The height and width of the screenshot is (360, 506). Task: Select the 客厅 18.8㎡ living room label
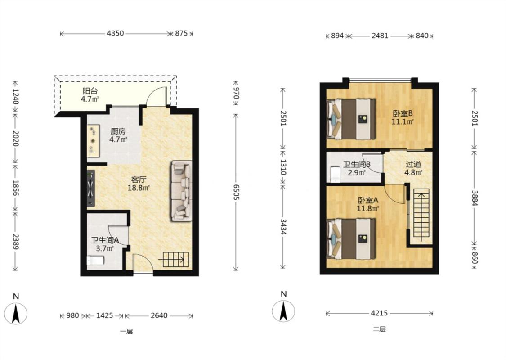pyautogui.click(x=139, y=184)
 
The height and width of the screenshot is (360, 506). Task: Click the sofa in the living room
pyautogui.click(x=181, y=191)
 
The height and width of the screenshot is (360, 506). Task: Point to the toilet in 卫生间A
pyautogui.click(x=95, y=260)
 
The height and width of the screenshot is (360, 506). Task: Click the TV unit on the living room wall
pyautogui.click(x=91, y=188)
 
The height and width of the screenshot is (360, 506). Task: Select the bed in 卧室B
pyautogui.click(x=351, y=119)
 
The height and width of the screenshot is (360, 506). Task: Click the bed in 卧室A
pyautogui.click(x=351, y=239)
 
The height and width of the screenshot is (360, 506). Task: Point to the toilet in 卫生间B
pyautogui.click(x=335, y=174)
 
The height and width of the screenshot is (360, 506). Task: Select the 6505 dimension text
pyautogui.click(x=236, y=192)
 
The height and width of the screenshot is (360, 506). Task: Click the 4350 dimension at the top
pyautogui.click(x=115, y=33)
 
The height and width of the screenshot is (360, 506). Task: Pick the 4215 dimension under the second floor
pyautogui.click(x=380, y=313)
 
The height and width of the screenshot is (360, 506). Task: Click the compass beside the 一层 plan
pyautogui.click(x=16, y=313)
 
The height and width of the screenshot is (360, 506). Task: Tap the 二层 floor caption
pyautogui.click(x=379, y=329)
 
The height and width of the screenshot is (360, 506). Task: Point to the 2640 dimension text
pyautogui.click(x=159, y=315)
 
